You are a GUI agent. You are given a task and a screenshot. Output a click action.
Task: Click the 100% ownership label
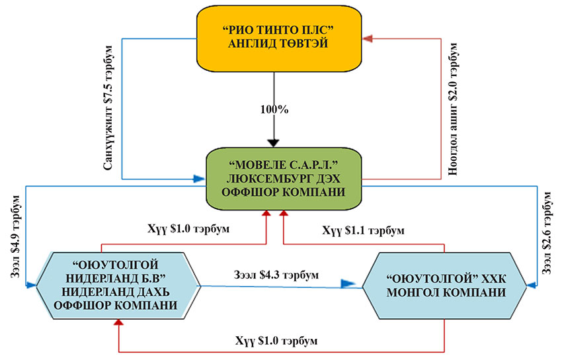point(274,109)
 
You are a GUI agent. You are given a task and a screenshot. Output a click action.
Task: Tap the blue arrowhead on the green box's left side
point(199,179)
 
